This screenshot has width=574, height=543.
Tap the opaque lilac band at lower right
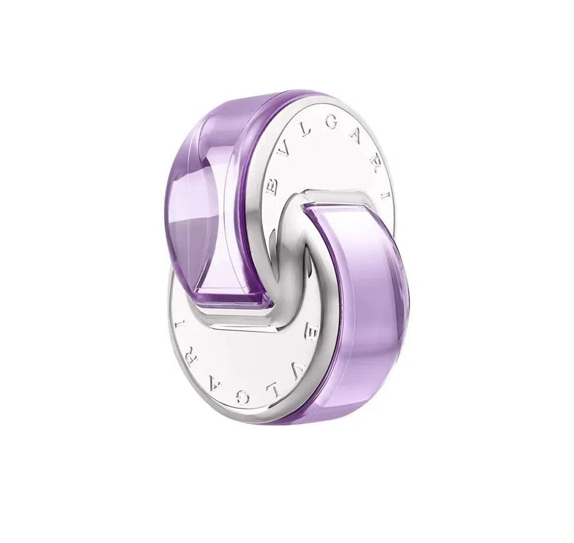(x=367, y=298)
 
